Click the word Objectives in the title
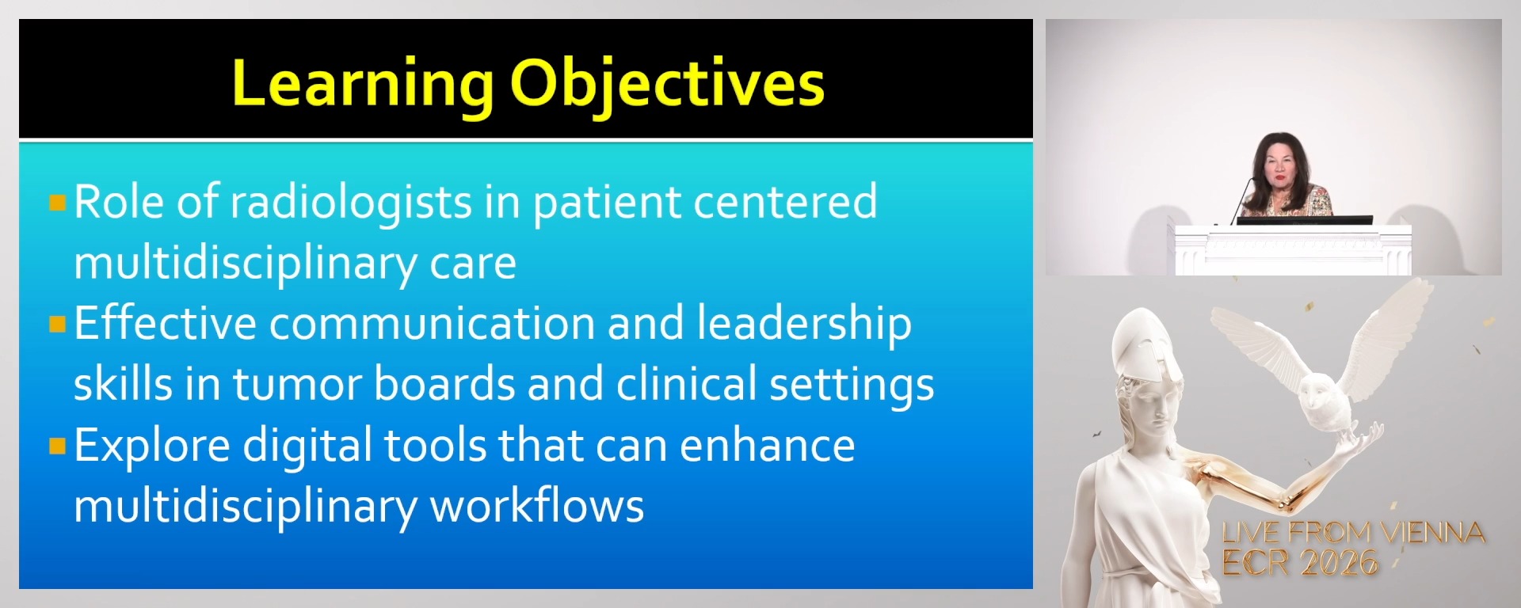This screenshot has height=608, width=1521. tap(666, 84)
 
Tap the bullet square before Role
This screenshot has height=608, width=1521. tap(57, 203)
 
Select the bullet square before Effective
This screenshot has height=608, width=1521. tap(57, 324)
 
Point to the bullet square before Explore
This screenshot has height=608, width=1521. tap(57, 446)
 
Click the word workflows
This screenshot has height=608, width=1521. tap(536, 507)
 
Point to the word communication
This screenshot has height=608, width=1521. tap(432, 325)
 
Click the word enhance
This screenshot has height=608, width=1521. tap(767, 446)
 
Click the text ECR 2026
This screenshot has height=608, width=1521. tap(1299, 563)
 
